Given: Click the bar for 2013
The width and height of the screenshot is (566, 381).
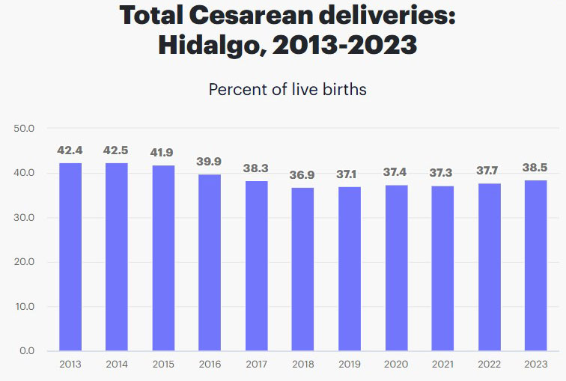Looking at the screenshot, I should (70, 257).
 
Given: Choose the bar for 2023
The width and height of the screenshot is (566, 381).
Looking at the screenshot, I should (535, 265).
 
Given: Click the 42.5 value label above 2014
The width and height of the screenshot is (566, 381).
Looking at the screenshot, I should (116, 150).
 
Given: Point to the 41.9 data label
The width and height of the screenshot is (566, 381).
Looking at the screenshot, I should (162, 153).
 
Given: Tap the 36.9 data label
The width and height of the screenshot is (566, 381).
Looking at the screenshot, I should (302, 175).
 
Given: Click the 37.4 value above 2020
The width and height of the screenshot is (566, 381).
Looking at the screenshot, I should (395, 173).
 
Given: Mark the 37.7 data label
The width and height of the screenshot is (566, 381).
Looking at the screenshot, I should (489, 171).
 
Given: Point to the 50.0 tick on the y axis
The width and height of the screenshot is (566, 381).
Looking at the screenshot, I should (25, 129).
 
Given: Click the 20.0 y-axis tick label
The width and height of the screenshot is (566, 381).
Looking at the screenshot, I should (25, 262).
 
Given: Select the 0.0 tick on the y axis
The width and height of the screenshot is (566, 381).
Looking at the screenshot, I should (27, 350).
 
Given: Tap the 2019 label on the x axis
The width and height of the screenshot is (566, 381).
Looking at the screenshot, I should (349, 365).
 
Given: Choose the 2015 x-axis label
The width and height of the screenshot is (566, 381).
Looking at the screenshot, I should (162, 365).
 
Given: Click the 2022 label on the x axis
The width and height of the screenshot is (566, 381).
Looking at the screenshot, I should (489, 365).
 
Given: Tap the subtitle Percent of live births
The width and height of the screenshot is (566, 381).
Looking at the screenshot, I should (287, 90).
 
